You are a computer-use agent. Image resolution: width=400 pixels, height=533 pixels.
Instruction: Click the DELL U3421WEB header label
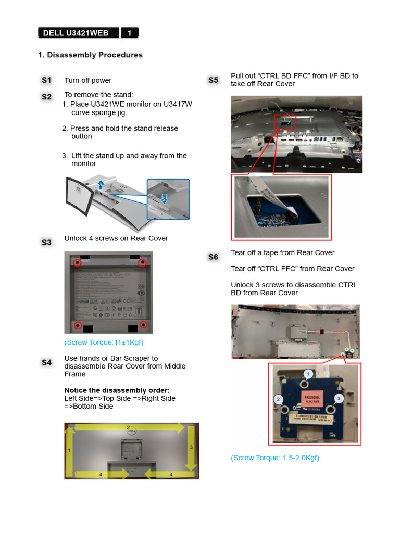[x=76, y=33]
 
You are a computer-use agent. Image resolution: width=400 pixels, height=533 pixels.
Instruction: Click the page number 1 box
[x=130, y=33]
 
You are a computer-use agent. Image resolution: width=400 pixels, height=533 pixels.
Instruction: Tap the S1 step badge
[x=47, y=80]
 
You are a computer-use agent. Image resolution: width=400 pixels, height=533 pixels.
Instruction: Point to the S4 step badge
[x=47, y=362]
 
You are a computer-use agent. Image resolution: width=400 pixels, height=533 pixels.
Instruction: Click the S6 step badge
[x=213, y=257]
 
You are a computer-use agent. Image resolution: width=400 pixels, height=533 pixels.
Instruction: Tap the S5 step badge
[x=213, y=80]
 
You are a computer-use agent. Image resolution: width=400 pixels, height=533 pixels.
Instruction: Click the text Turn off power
[x=87, y=80]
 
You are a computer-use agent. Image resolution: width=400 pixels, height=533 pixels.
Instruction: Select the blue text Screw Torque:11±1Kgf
[x=104, y=342]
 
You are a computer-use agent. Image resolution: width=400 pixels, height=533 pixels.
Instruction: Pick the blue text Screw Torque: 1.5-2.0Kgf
[x=275, y=458]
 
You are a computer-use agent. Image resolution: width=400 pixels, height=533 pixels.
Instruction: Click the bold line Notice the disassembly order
[x=117, y=390]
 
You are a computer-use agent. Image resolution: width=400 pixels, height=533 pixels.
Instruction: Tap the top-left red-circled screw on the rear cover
[x=77, y=263]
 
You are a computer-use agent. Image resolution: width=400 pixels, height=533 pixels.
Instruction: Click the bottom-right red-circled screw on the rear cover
[x=144, y=325]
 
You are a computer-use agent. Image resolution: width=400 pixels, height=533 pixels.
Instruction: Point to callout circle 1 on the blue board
[x=308, y=374]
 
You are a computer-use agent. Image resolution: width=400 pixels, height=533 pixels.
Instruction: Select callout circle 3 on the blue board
[x=339, y=398]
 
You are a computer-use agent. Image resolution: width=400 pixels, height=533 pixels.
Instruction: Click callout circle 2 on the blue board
[x=279, y=399]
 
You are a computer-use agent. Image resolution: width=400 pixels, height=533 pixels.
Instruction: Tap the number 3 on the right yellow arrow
[x=191, y=447]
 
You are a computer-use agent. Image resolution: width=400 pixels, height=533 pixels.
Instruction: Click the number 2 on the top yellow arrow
[x=128, y=427]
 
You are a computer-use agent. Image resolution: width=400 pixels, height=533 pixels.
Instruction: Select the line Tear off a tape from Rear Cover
[x=282, y=253]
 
